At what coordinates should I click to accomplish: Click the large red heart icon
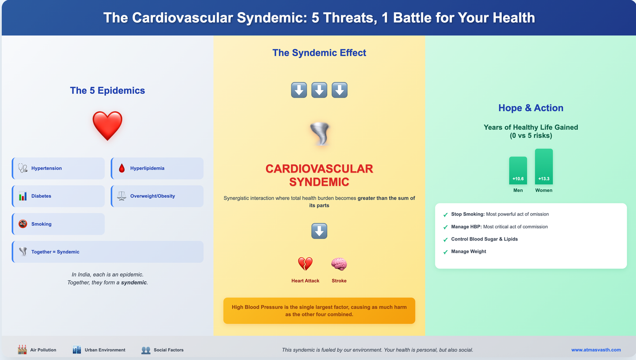(107, 126)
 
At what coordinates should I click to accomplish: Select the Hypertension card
(58, 168)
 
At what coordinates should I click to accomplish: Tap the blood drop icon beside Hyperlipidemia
(122, 168)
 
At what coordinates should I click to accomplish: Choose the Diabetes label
(41, 196)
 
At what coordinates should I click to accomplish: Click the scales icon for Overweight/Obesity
(122, 196)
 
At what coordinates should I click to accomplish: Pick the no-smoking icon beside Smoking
(23, 224)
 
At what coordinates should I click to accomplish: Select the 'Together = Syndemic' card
(107, 252)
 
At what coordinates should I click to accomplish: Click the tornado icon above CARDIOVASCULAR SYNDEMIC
(319, 134)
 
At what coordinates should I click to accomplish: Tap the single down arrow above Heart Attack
(319, 231)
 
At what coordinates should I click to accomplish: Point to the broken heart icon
(305, 264)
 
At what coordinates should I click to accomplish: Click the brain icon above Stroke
(339, 264)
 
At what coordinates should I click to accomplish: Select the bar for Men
(518, 170)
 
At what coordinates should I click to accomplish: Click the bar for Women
(544, 166)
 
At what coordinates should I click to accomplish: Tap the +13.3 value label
(544, 179)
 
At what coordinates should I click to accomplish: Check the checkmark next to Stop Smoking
(445, 215)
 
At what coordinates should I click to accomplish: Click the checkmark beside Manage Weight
(445, 252)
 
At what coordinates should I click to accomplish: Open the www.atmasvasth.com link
(596, 350)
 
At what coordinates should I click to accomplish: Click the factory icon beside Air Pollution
(22, 350)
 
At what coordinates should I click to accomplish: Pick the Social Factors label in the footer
(169, 350)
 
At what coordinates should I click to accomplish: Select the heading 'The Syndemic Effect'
(319, 53)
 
